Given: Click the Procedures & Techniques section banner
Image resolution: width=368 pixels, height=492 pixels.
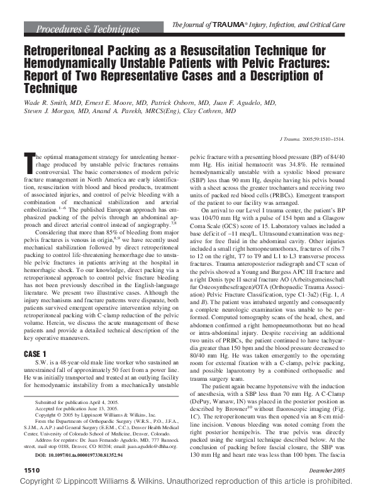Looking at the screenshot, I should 88,29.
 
